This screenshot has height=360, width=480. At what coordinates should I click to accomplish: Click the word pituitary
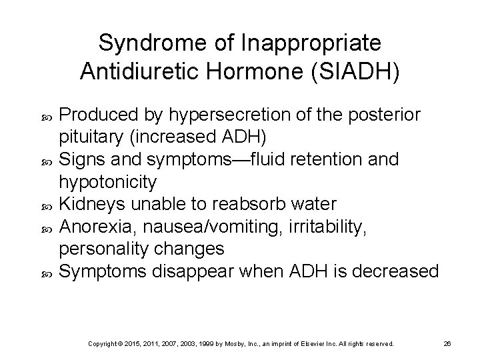91,137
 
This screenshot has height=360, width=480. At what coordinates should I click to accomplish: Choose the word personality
103,249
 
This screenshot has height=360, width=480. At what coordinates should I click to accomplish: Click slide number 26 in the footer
449,343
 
